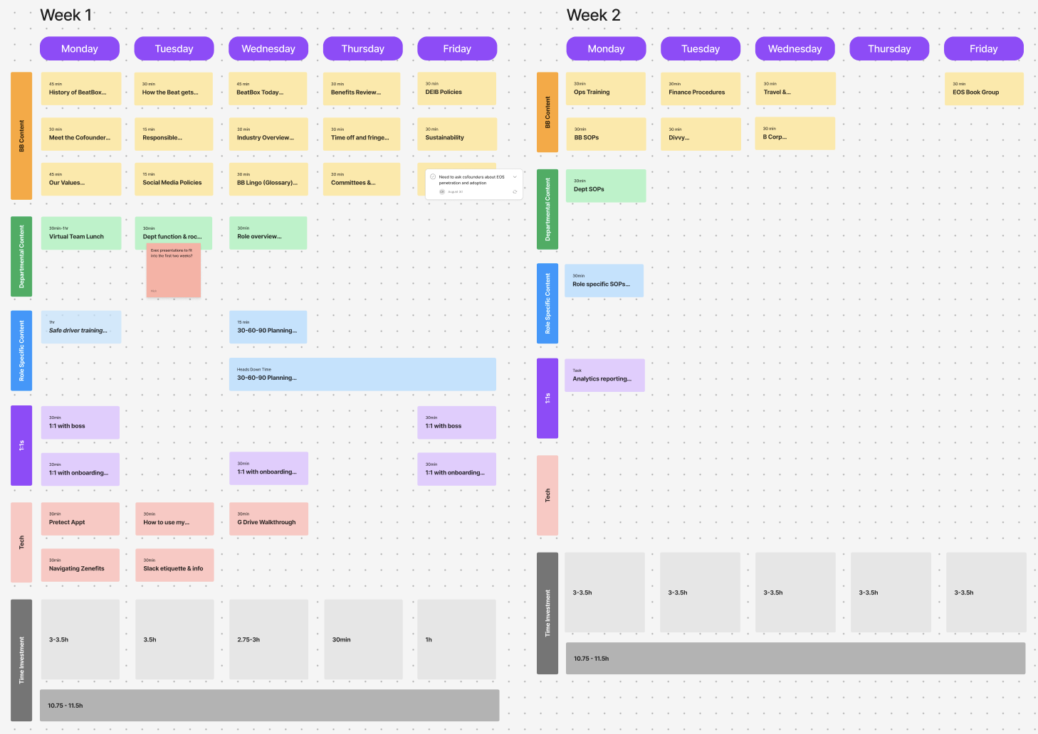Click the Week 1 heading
66,15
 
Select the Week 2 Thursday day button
889,48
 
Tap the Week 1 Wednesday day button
268,48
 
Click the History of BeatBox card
80,89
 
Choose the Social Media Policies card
174,179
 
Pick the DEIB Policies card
456,89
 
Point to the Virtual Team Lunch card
80,233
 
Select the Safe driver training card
80,327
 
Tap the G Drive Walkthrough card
268,519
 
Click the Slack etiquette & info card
174,565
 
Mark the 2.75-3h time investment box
268,639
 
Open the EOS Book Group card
983,89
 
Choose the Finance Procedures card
701,89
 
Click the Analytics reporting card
604,376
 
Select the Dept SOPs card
605,186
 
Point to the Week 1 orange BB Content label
21,136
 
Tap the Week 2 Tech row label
547,496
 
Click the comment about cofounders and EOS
473,183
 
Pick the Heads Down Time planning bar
362,374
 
